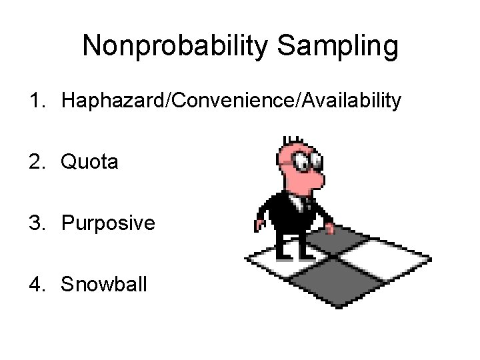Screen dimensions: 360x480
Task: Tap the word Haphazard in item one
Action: [115, 102]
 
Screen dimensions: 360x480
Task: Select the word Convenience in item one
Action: [231, 102]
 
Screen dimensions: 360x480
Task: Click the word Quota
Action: [89, 163]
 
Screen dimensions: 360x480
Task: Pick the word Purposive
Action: [108, 223]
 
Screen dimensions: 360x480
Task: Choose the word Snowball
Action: [105, 285]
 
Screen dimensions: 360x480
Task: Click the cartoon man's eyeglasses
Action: [308, 161]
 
